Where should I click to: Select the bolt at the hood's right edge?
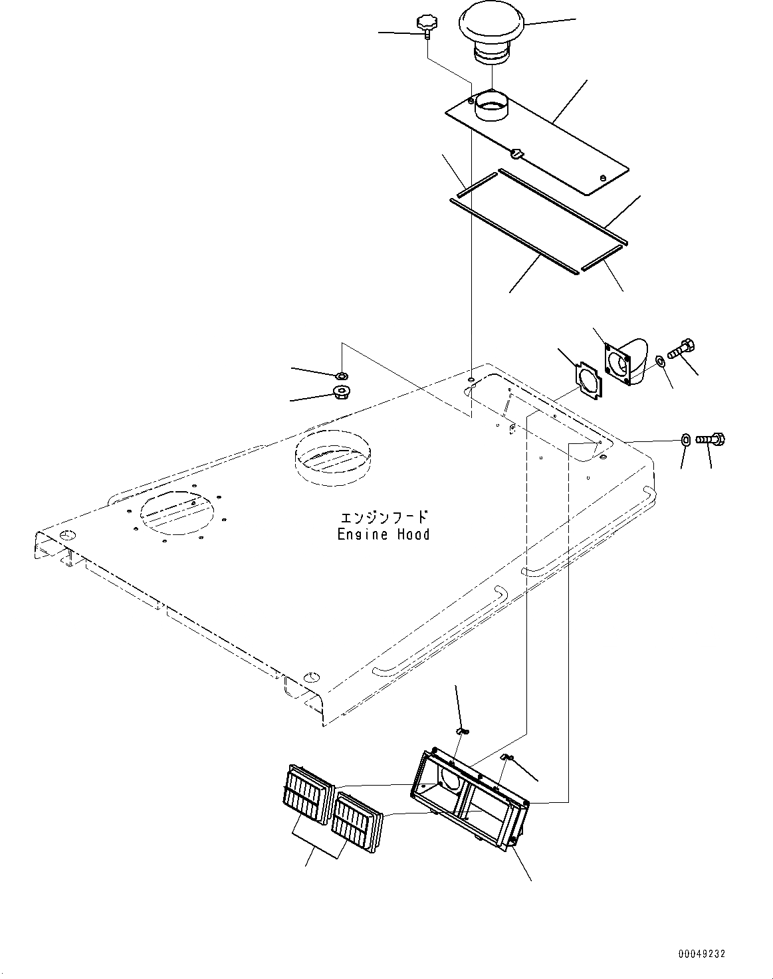(711, 439)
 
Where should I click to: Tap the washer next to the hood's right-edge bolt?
(685, 439)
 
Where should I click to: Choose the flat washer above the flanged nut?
(342, 376)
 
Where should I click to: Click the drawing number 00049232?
(701, 954)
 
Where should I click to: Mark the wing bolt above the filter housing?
(461, 731)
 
